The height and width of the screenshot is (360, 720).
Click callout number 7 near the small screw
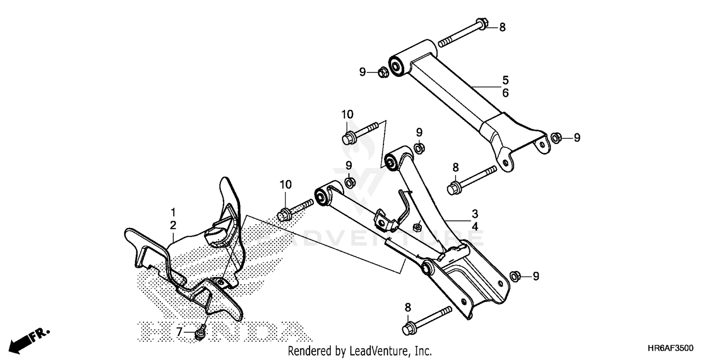(x=180, y=332)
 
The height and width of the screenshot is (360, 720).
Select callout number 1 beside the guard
(x=173, y=211)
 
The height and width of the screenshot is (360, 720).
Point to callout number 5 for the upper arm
(x=505, y=80)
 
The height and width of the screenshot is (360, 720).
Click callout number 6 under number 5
(x=505, y=93)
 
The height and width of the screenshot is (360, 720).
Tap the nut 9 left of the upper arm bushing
(x=383, y=73)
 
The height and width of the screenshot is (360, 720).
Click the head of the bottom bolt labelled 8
(x=408, y=329)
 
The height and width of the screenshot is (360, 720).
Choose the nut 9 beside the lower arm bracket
(x=514, y=276)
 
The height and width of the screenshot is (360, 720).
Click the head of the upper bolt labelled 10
(x=348, y=138)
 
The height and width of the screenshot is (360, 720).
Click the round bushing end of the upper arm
(x=397, y=66)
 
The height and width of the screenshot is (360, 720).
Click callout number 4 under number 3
(x=475, y=226)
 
